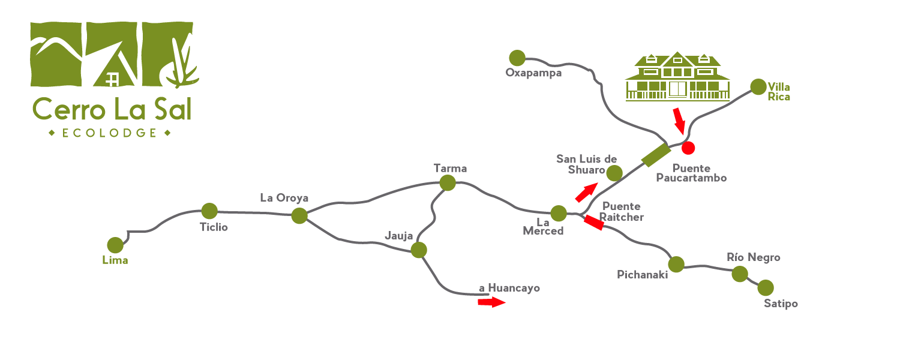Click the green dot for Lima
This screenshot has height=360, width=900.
click(x=115, y=245)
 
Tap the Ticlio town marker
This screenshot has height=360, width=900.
click(x=209, y=211)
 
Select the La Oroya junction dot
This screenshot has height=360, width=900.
click(x=299, y=216)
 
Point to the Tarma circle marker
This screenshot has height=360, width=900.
click(x=447, y=183)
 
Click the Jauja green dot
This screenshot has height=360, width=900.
click(x=419, y=250)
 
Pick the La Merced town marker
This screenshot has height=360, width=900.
click(x=559, y=213)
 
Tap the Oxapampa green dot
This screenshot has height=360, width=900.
click(x=517, y=58)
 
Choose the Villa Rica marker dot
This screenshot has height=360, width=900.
click(x=758, y=87)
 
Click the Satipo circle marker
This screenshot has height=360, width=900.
click(x=766, y=288)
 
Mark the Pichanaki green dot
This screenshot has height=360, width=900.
click(x=676, y=264)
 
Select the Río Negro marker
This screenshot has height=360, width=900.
click(x=740, y=274)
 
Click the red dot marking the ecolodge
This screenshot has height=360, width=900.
click(x=688, y=146)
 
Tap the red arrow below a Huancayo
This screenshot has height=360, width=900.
click(x=491, y=302)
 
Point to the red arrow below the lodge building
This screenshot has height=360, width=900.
click(x=678, y=120)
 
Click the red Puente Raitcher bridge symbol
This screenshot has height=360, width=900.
click(x=593, y=223)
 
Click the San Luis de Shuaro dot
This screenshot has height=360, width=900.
click(x=614, y=173)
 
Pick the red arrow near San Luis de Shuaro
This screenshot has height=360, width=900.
click(x=586, y=193)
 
